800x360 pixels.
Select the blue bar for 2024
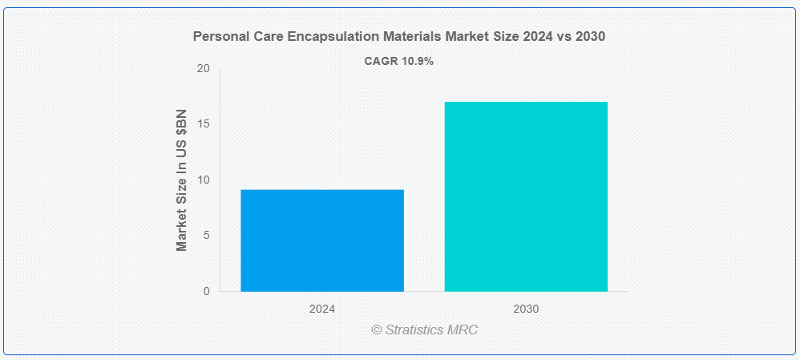pyautogui.click(x=322, y=241)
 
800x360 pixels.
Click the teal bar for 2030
pyautogui.click(x=526, y=196)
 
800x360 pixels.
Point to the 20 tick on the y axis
pyautogui.click(x=204, y=69)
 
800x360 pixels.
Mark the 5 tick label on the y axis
pyautogui.click(x=206, y=236)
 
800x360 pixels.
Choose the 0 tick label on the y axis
pyautogui.click(x=206, y=291)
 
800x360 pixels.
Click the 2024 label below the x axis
pyautogui.click(x=322, y=309)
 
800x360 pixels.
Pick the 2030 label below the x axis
pyautogui.click(x=526, y=309)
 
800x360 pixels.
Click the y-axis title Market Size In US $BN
pyautogui.click(x=182, y=180)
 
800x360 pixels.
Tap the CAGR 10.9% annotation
pyautogui.click(x=398, y=61)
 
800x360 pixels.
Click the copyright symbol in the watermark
pyautogui.click(x=376, y=330)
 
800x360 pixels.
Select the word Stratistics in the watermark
pyautogui.click(x=414, y=330)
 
